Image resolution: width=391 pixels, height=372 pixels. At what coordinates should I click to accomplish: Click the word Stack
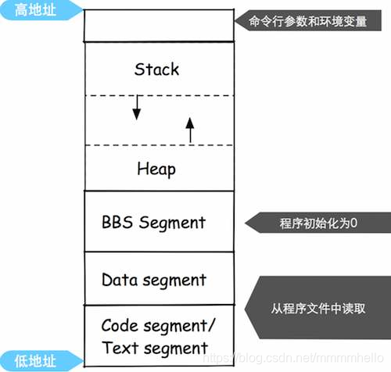point(156,69)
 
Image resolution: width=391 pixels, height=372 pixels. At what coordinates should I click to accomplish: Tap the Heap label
point(156,169)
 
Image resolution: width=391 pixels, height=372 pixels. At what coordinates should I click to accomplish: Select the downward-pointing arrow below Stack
point(136,109)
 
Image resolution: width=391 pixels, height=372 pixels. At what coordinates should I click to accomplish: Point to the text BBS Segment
point(153,222)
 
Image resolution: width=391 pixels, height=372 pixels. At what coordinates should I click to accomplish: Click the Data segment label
point(154,279)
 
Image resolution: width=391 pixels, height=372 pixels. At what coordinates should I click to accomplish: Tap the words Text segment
point(155,348)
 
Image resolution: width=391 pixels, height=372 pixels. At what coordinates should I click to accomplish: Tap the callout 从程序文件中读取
point(318,308)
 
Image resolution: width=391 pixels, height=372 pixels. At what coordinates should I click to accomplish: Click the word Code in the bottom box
point(120,324)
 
